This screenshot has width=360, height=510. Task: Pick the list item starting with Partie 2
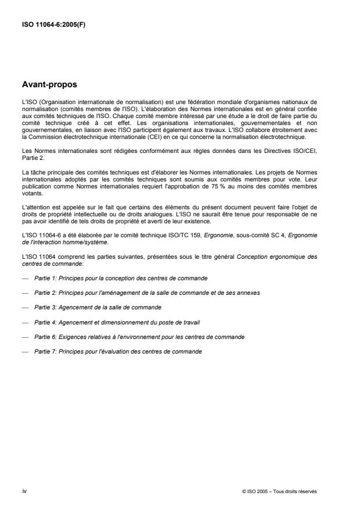point(147,292)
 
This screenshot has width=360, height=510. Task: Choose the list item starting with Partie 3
point(97,306)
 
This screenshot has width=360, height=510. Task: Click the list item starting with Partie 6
point(139,336)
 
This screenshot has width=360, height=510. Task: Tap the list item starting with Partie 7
point(119,351)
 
